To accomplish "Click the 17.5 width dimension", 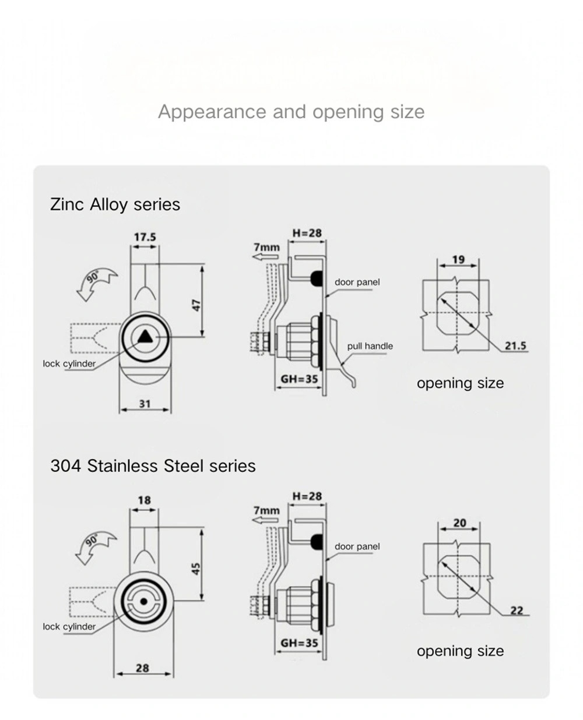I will (x=145, y=237).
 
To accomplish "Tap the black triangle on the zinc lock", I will (x=145, y=336).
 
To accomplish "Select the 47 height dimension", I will (x=197, y=304).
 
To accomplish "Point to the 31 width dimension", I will (x=145, y=403).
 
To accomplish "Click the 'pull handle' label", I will (x=370, y=346).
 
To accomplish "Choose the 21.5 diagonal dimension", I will (x=515, y=345).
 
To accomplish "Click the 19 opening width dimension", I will (x=458, y=259).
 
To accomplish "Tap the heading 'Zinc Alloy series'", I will (x=115, y=204).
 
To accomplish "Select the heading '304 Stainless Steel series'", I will (x=153, y=466).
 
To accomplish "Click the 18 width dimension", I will (x=144, y=500).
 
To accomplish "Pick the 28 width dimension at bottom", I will (x=142, y=668).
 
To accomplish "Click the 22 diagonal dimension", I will (x=517, y=610).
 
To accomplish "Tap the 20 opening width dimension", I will (x=459, y=523).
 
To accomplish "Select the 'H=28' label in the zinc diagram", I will (x=307, y=233).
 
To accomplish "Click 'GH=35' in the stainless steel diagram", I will (x=300, y=643).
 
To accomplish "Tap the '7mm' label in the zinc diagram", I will (x=266, y=247).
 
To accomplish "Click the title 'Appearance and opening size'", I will (x=291, y=111).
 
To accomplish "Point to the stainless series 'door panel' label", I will (x=357, y=546).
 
